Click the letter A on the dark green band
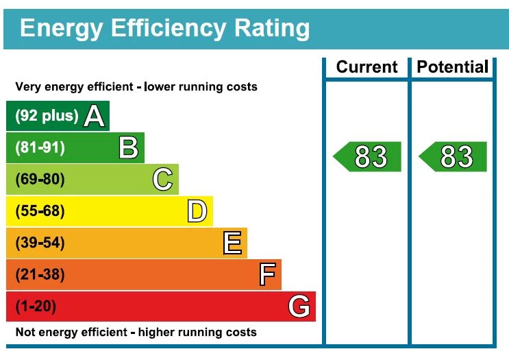pyautogui.click(x=94, y=116)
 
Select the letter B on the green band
pyautogui.click(x=128, y=147)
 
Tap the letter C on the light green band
pyautogui.click(x=162, y=180)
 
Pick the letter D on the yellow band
pyautogui.click(x=197, y=211)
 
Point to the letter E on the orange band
pyautogui.click(x=232, y=243)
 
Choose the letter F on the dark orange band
pyautogui.click(x=267, y=274)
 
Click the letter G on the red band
pyautogui.click(x=299, y=307)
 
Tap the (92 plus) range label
pyautogui.click(x=47, y=116)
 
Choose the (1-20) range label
pyautogui.click(x=36, y=307)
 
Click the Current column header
pyautogui.click(x=367, y=67)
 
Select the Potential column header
pyautogui.click(x=453, y=67)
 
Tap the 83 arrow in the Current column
pyautogui.click(x=368, y=157)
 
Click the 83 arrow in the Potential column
pyautogui.click(x=454, y=157)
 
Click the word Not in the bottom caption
pyautogui.click(x=25, y=333)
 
